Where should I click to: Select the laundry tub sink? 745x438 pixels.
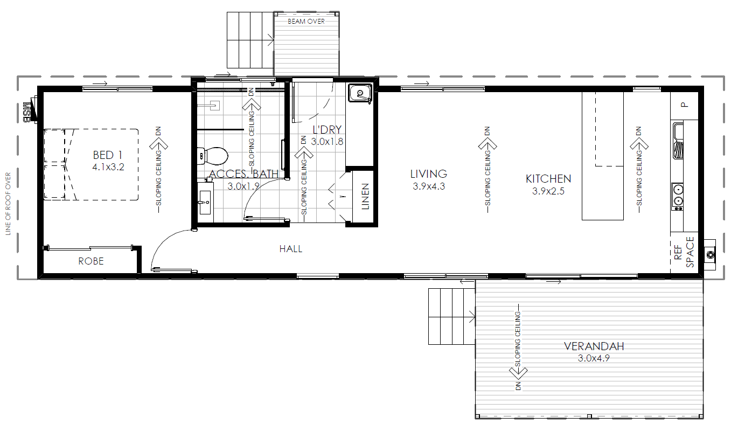(x=359, y=93)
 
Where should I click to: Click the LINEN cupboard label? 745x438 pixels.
(x=366, y=197)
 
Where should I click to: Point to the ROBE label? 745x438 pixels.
(x=90, y=261)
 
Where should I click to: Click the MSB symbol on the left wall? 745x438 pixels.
(x=28, y=110)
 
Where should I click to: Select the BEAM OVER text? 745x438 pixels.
(x=306, y=22)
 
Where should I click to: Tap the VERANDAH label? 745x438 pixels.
(x=586, y=346)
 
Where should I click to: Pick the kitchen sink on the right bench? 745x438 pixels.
(x=678, y=140)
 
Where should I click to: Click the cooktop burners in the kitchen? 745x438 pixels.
(x=678, y=196)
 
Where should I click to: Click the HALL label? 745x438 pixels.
(x=290, y=249)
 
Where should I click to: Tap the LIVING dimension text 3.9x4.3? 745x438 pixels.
(x=429, y=186)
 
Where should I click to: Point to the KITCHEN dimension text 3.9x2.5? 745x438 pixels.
(x=548, y=191)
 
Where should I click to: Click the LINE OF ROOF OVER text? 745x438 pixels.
(x=8, y=204)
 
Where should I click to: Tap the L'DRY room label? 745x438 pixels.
(x=328, y=130)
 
